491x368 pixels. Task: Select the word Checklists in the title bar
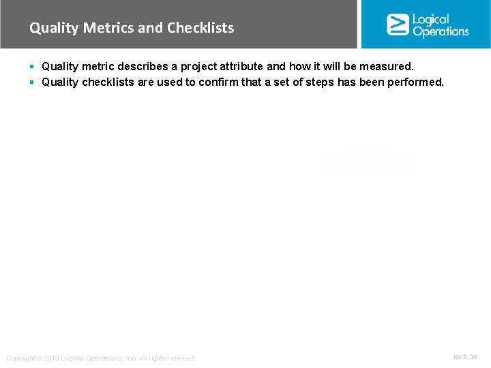(200, 28)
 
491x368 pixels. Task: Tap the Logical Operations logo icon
(398, 25)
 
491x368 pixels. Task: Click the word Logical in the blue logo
(431, 19)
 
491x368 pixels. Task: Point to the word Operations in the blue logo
(441, 31)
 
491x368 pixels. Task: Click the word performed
(416, 82)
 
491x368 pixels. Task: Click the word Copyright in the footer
(21, 358)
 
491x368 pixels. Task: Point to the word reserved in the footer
(181, 358)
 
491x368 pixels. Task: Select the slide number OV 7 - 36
(465, 357)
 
